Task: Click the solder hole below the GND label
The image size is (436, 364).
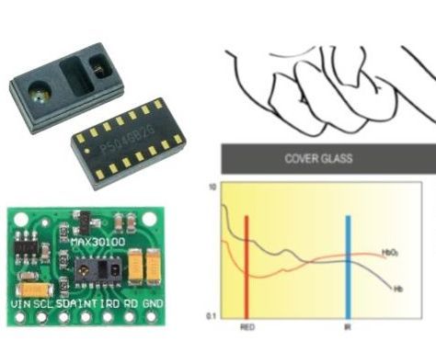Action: [x=153, y=318]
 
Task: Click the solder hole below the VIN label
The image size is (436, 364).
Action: [x=19, y=318]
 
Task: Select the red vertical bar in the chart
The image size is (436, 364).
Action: [x=247, y=267]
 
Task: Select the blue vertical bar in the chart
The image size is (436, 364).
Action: [x=348, y=267]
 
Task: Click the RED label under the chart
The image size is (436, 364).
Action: [x=247, y=326]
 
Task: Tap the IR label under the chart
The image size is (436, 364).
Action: [x=348, y=326]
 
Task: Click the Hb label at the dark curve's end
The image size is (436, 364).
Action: [x=397, y=290]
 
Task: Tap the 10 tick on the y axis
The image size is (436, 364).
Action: [x=212, y=187]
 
